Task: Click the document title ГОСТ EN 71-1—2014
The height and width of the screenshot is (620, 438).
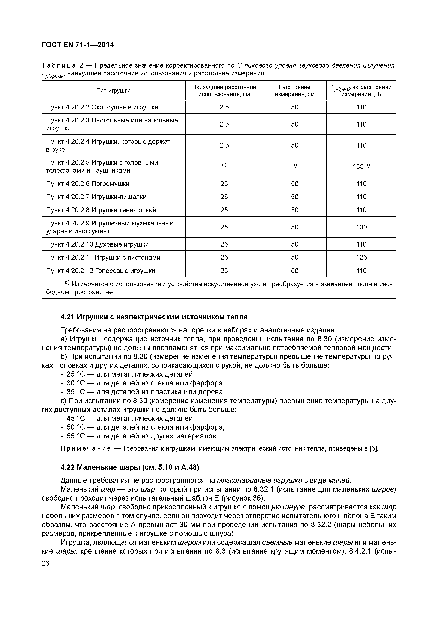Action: coord(78,45)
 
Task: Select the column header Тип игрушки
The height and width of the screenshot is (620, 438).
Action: coord(114,91)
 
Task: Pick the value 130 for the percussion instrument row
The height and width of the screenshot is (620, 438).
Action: coord(361,227)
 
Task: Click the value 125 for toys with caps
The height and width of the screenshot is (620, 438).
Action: coord(361,257)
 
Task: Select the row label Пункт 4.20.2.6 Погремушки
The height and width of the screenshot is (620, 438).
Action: coord(88,184)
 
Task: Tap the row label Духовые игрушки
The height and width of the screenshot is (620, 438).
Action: coord(121,244)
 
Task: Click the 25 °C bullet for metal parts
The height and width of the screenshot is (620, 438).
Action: coord(127,374)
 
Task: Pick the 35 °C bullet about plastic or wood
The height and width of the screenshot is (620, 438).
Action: coord(142,392)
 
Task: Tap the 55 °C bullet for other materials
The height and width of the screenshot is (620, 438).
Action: coord(139,436)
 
